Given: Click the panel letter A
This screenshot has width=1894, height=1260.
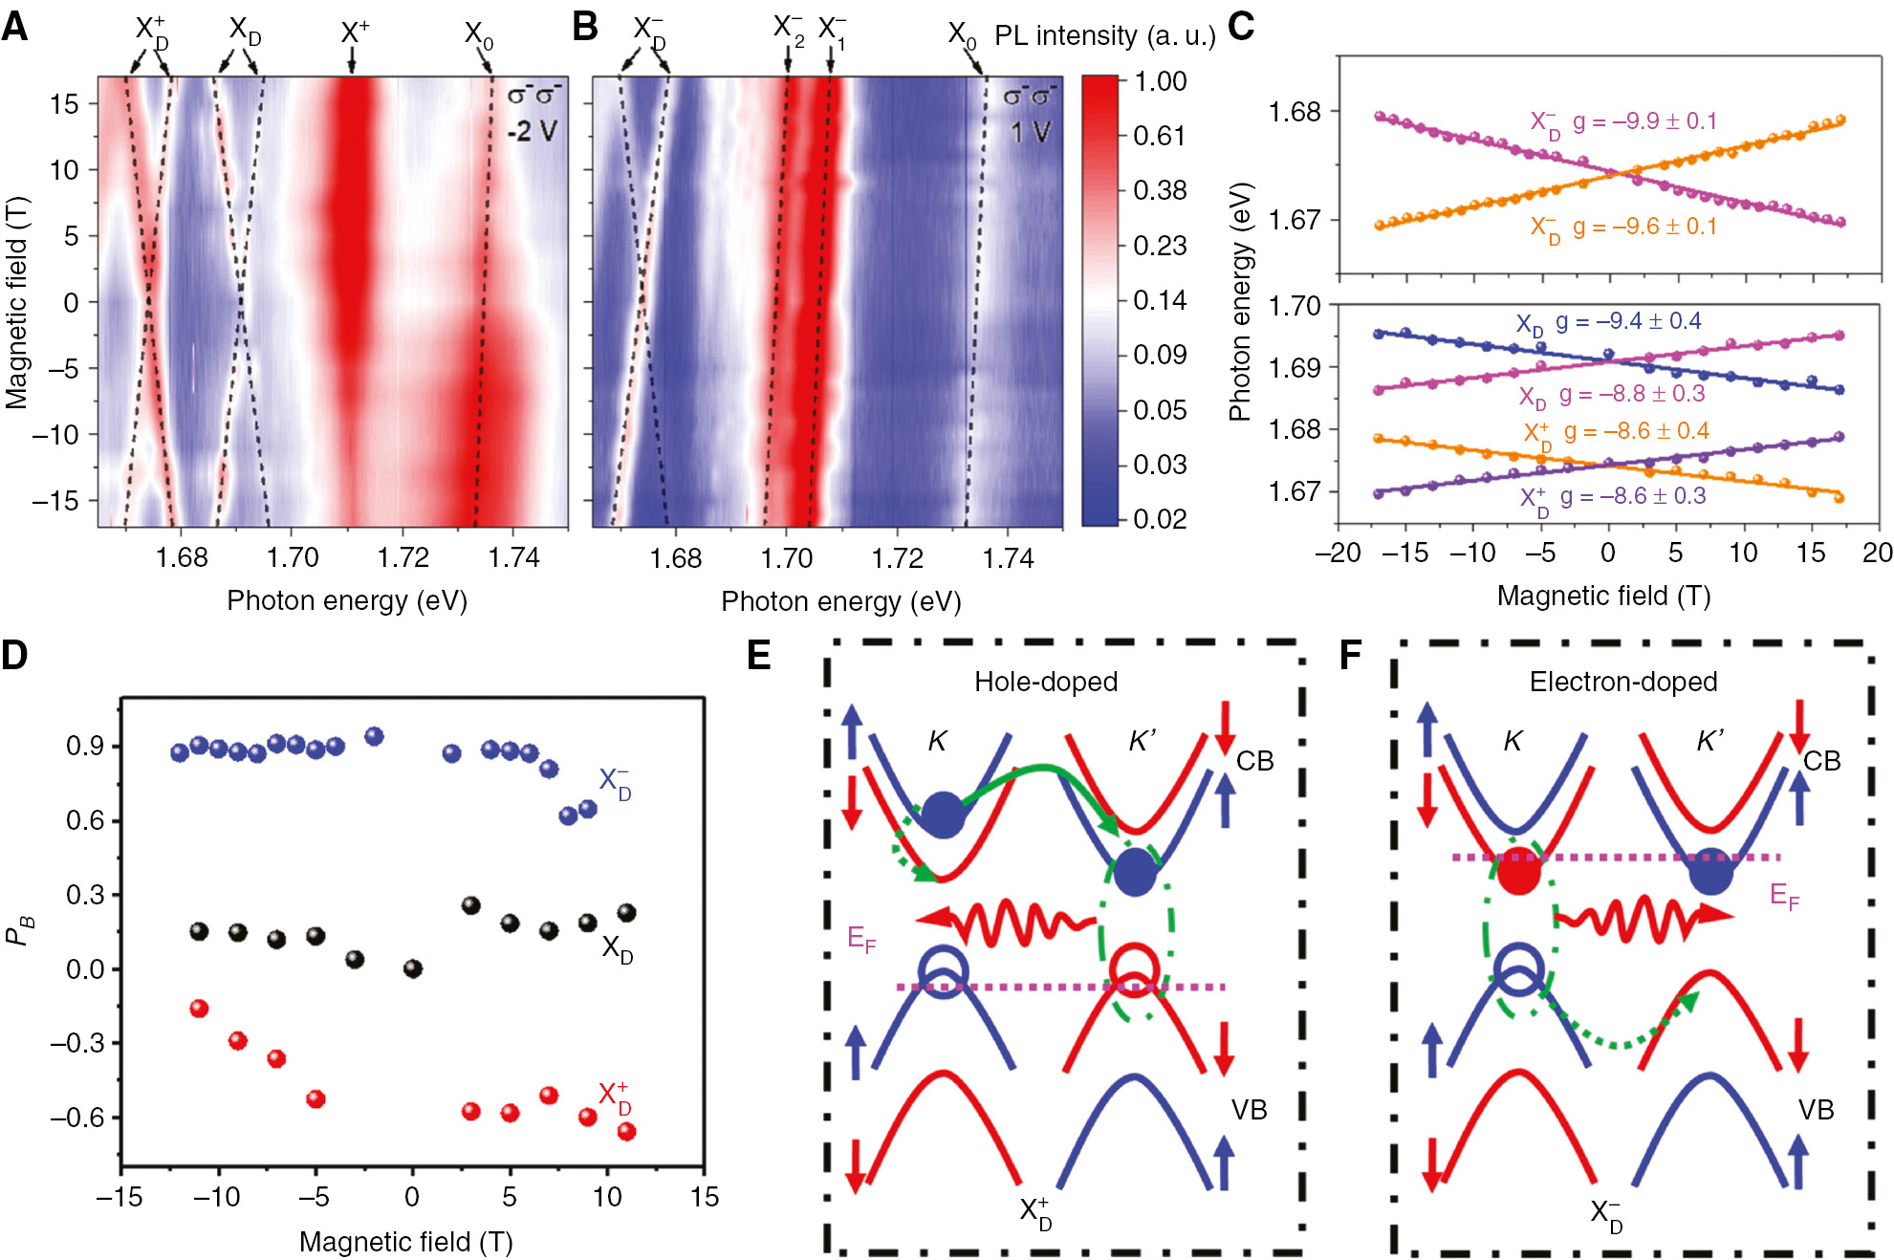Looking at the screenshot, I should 15,26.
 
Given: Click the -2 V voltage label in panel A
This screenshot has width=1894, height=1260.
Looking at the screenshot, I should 532,131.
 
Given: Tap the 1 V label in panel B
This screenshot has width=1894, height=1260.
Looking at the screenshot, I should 1030,132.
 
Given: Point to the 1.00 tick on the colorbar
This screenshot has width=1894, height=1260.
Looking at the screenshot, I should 1160,81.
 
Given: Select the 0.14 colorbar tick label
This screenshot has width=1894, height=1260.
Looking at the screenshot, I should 1159,300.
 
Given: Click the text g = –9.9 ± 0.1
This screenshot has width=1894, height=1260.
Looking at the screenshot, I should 1644,121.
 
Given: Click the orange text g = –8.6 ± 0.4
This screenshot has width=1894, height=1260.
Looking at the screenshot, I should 1636,431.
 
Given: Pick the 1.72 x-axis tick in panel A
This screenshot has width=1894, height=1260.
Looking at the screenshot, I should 403,557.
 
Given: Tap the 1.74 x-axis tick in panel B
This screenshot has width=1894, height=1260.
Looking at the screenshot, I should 1008,557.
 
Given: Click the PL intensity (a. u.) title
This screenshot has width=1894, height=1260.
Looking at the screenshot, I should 1104,36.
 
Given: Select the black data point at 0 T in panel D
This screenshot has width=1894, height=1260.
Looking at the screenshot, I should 413,968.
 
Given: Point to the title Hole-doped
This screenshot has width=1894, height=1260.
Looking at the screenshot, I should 1045,682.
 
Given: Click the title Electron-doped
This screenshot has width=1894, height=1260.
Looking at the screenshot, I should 1622,682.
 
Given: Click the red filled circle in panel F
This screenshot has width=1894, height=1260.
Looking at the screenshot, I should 1518,871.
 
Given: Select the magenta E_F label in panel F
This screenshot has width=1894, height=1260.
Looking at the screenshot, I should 1784,896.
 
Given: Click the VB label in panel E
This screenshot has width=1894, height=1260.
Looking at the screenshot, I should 1249,1110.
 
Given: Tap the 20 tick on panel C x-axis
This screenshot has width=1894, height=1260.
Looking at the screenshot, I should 1877,553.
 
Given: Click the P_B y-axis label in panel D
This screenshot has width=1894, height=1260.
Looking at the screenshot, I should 19,929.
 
